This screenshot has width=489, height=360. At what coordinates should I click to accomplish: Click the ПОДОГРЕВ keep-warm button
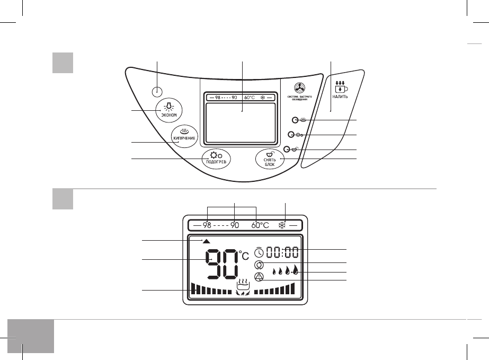click(216, 159)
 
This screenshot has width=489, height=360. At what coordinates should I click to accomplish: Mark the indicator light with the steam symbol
click(295, 121)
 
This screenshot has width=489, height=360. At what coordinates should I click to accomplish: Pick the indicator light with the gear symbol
click(291, 135)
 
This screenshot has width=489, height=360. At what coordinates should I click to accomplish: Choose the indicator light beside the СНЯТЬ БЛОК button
click(286, 150)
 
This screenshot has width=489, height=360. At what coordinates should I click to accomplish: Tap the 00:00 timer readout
click(282, 253)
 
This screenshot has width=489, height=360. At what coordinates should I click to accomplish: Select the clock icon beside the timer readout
click(259, 253)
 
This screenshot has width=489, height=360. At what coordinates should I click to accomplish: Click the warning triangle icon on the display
click(259, 277)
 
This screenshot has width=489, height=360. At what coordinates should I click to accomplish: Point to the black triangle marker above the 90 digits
click(206, 241)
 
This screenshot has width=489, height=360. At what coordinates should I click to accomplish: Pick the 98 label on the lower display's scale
click(207, 224)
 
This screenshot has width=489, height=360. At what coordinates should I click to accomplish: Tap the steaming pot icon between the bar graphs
click(243, 286)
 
